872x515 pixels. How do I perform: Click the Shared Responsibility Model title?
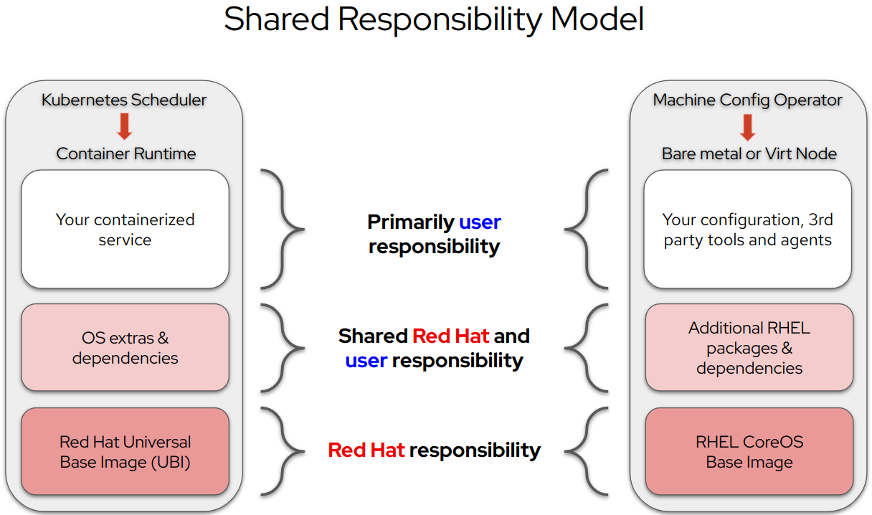(x=434, y=19)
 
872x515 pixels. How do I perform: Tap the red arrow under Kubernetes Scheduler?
(x=125, y=126)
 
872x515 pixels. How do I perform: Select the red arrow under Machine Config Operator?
(x=748, y=127)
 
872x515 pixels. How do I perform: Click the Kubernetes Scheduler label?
(x=124, y=100)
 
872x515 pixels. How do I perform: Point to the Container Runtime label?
(x=125, y=153)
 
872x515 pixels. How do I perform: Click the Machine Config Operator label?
(x=747, y=100)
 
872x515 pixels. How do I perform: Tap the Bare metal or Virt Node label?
(x=749, y=153)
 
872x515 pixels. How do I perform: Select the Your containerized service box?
(x=125, y=230)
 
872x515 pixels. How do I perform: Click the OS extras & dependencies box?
(x=125, y=347)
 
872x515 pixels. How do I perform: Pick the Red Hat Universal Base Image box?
(x=125, y=452)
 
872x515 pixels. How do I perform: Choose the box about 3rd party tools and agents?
(x=747, y=230)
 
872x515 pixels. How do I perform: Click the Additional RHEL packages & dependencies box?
(x=749, y=347)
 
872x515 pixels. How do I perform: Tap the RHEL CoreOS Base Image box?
(x=749, y=452)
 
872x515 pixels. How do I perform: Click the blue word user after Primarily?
(x=480, y=222)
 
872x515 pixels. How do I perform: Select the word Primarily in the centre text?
(x=411, y=222)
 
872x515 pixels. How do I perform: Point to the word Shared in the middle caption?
(x=373, y=336)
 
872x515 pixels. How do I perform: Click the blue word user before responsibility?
(x=366, y=361)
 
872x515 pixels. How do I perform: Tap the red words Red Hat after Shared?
(x=450, y=336)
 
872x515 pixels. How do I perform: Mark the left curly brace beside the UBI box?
(x=283, y=452)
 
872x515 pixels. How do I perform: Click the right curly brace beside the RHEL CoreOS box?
(x=587, y=452)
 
